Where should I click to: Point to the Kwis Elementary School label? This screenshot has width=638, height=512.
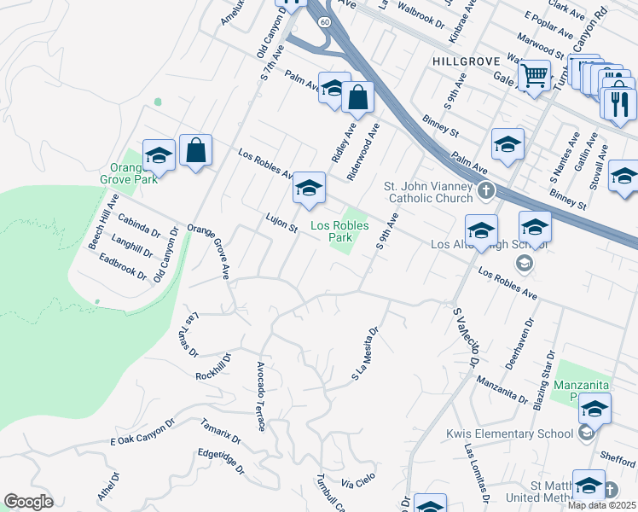pos(510,433)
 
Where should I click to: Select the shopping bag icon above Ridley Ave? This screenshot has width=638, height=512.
pos(357,98)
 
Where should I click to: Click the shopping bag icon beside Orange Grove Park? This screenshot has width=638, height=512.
pos(196,151)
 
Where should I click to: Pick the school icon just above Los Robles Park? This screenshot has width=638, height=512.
pos(308,189)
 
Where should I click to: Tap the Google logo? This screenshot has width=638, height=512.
pos(29,502)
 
